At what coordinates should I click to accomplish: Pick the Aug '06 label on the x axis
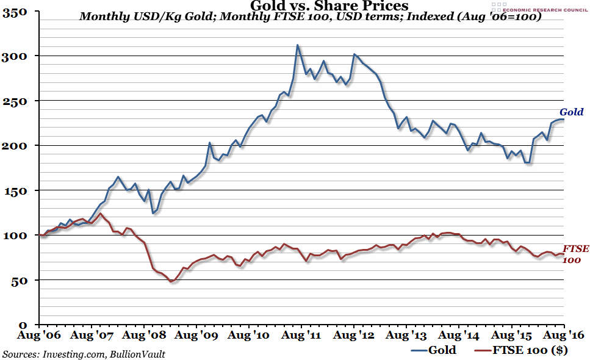click(x=38, y=336)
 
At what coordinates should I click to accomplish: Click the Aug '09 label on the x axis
click(x=195, y=336)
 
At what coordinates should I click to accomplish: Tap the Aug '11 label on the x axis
click(x=300, y=336)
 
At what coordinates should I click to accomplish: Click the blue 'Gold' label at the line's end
click(x=572, y=112)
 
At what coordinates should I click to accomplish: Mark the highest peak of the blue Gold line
click(x=297, y=45)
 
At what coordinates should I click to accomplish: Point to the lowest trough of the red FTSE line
click(x=172, y=281)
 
